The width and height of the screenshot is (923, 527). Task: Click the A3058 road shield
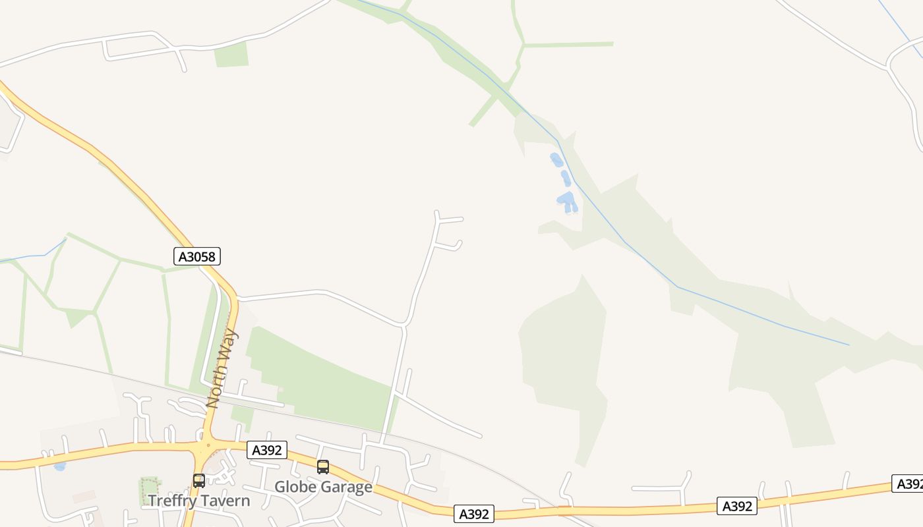197,256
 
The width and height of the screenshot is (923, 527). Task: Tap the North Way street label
222,368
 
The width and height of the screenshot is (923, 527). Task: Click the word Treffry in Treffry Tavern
173,501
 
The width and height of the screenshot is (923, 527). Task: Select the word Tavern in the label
225,501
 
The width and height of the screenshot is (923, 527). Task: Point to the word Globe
293,487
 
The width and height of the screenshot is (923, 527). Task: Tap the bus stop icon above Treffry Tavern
198,480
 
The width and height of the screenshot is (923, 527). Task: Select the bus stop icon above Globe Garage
322,466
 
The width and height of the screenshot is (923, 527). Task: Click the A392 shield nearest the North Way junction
267,450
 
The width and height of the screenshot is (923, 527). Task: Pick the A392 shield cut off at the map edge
908,484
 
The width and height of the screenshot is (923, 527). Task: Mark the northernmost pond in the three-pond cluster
556,159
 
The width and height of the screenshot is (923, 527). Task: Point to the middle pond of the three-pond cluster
566,178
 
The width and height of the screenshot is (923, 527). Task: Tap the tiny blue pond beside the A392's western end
59,466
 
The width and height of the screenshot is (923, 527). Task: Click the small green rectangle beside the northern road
231,55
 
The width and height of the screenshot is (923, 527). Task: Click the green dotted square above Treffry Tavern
149,487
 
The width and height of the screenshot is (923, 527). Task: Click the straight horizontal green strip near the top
568,44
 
